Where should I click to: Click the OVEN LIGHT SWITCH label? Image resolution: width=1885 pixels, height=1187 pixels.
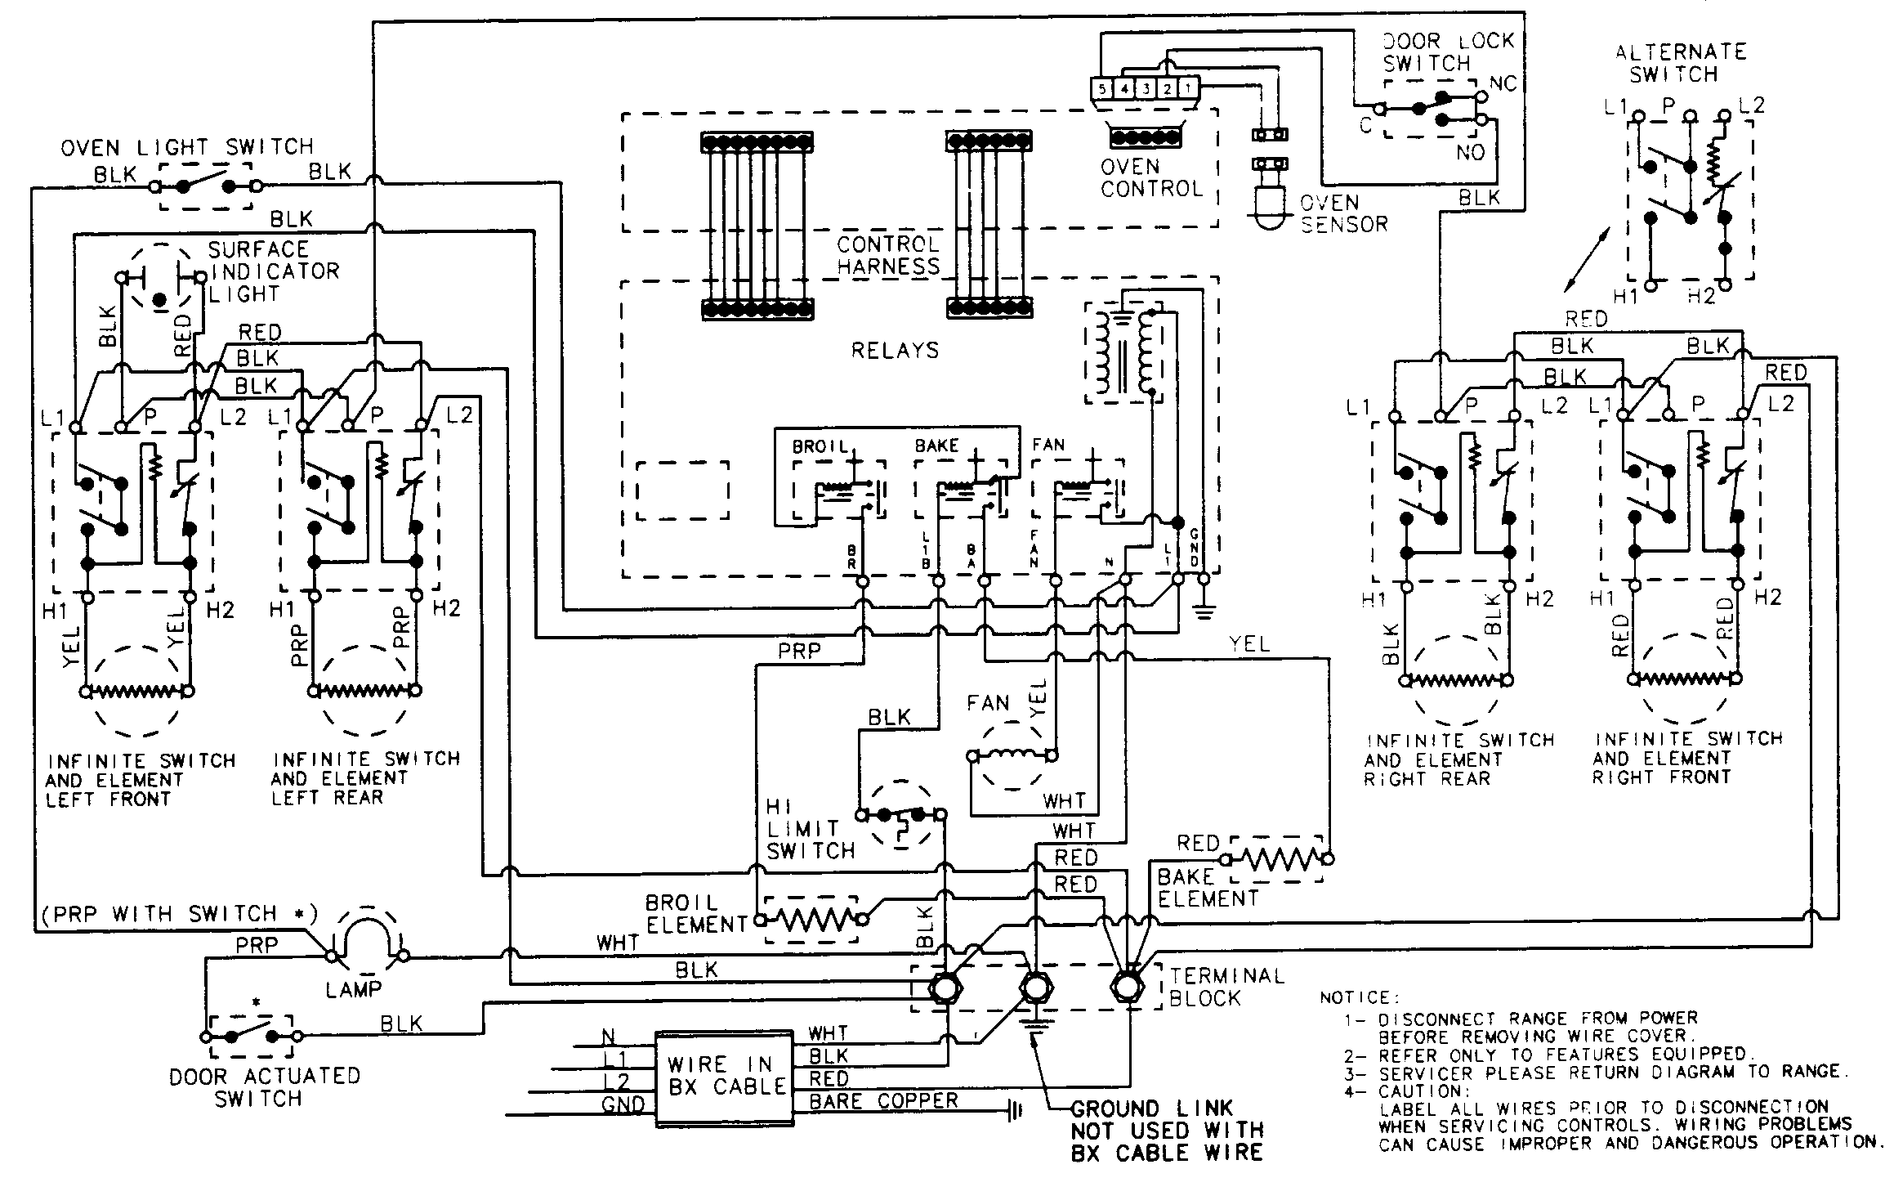pos(187,147)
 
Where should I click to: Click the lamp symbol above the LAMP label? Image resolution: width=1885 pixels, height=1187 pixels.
pos(367,936)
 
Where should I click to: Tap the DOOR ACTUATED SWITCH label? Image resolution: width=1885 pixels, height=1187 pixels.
pos(263,1087)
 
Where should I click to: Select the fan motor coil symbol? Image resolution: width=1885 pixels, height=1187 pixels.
pos(1012,754)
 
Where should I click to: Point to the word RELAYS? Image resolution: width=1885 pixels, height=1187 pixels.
pos(895,351)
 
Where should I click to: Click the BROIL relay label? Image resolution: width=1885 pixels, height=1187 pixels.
pos(820,447)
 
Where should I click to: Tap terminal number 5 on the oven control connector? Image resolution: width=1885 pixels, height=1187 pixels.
pos(1102,87)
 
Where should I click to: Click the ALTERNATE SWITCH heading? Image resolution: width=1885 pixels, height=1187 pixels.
pos(1680,63)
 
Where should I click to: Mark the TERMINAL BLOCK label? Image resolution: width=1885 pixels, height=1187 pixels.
pos(1226,987)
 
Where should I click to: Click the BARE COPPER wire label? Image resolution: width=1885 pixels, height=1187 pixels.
pos(883,1101)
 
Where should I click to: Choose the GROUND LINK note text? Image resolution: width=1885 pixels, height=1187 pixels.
pos(1166,1131)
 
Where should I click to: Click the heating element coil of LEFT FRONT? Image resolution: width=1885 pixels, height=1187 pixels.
pos(138,692)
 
